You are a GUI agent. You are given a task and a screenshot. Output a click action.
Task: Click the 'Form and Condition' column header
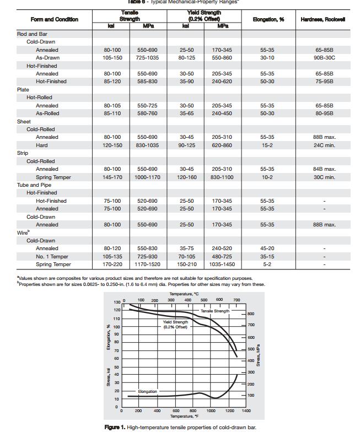coord(54,19)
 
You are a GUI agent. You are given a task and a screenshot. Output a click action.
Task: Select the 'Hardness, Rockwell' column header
coord(323,19)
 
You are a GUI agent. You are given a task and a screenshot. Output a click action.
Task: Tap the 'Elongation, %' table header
coord(268,19)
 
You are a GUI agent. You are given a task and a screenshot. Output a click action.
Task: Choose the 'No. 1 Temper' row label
coord(52,257)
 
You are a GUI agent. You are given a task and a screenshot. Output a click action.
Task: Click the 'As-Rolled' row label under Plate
coord(47,113)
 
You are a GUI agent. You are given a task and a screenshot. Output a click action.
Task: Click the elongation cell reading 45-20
coord(267,248)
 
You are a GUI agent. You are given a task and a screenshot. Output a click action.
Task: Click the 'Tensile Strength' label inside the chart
coord(214,311)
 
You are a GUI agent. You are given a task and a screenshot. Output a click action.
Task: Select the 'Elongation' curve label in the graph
coord(147,392)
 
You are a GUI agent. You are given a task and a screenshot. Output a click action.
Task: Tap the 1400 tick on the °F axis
coord(246,411)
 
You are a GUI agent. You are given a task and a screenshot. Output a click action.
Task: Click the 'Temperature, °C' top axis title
coord(181,294)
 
